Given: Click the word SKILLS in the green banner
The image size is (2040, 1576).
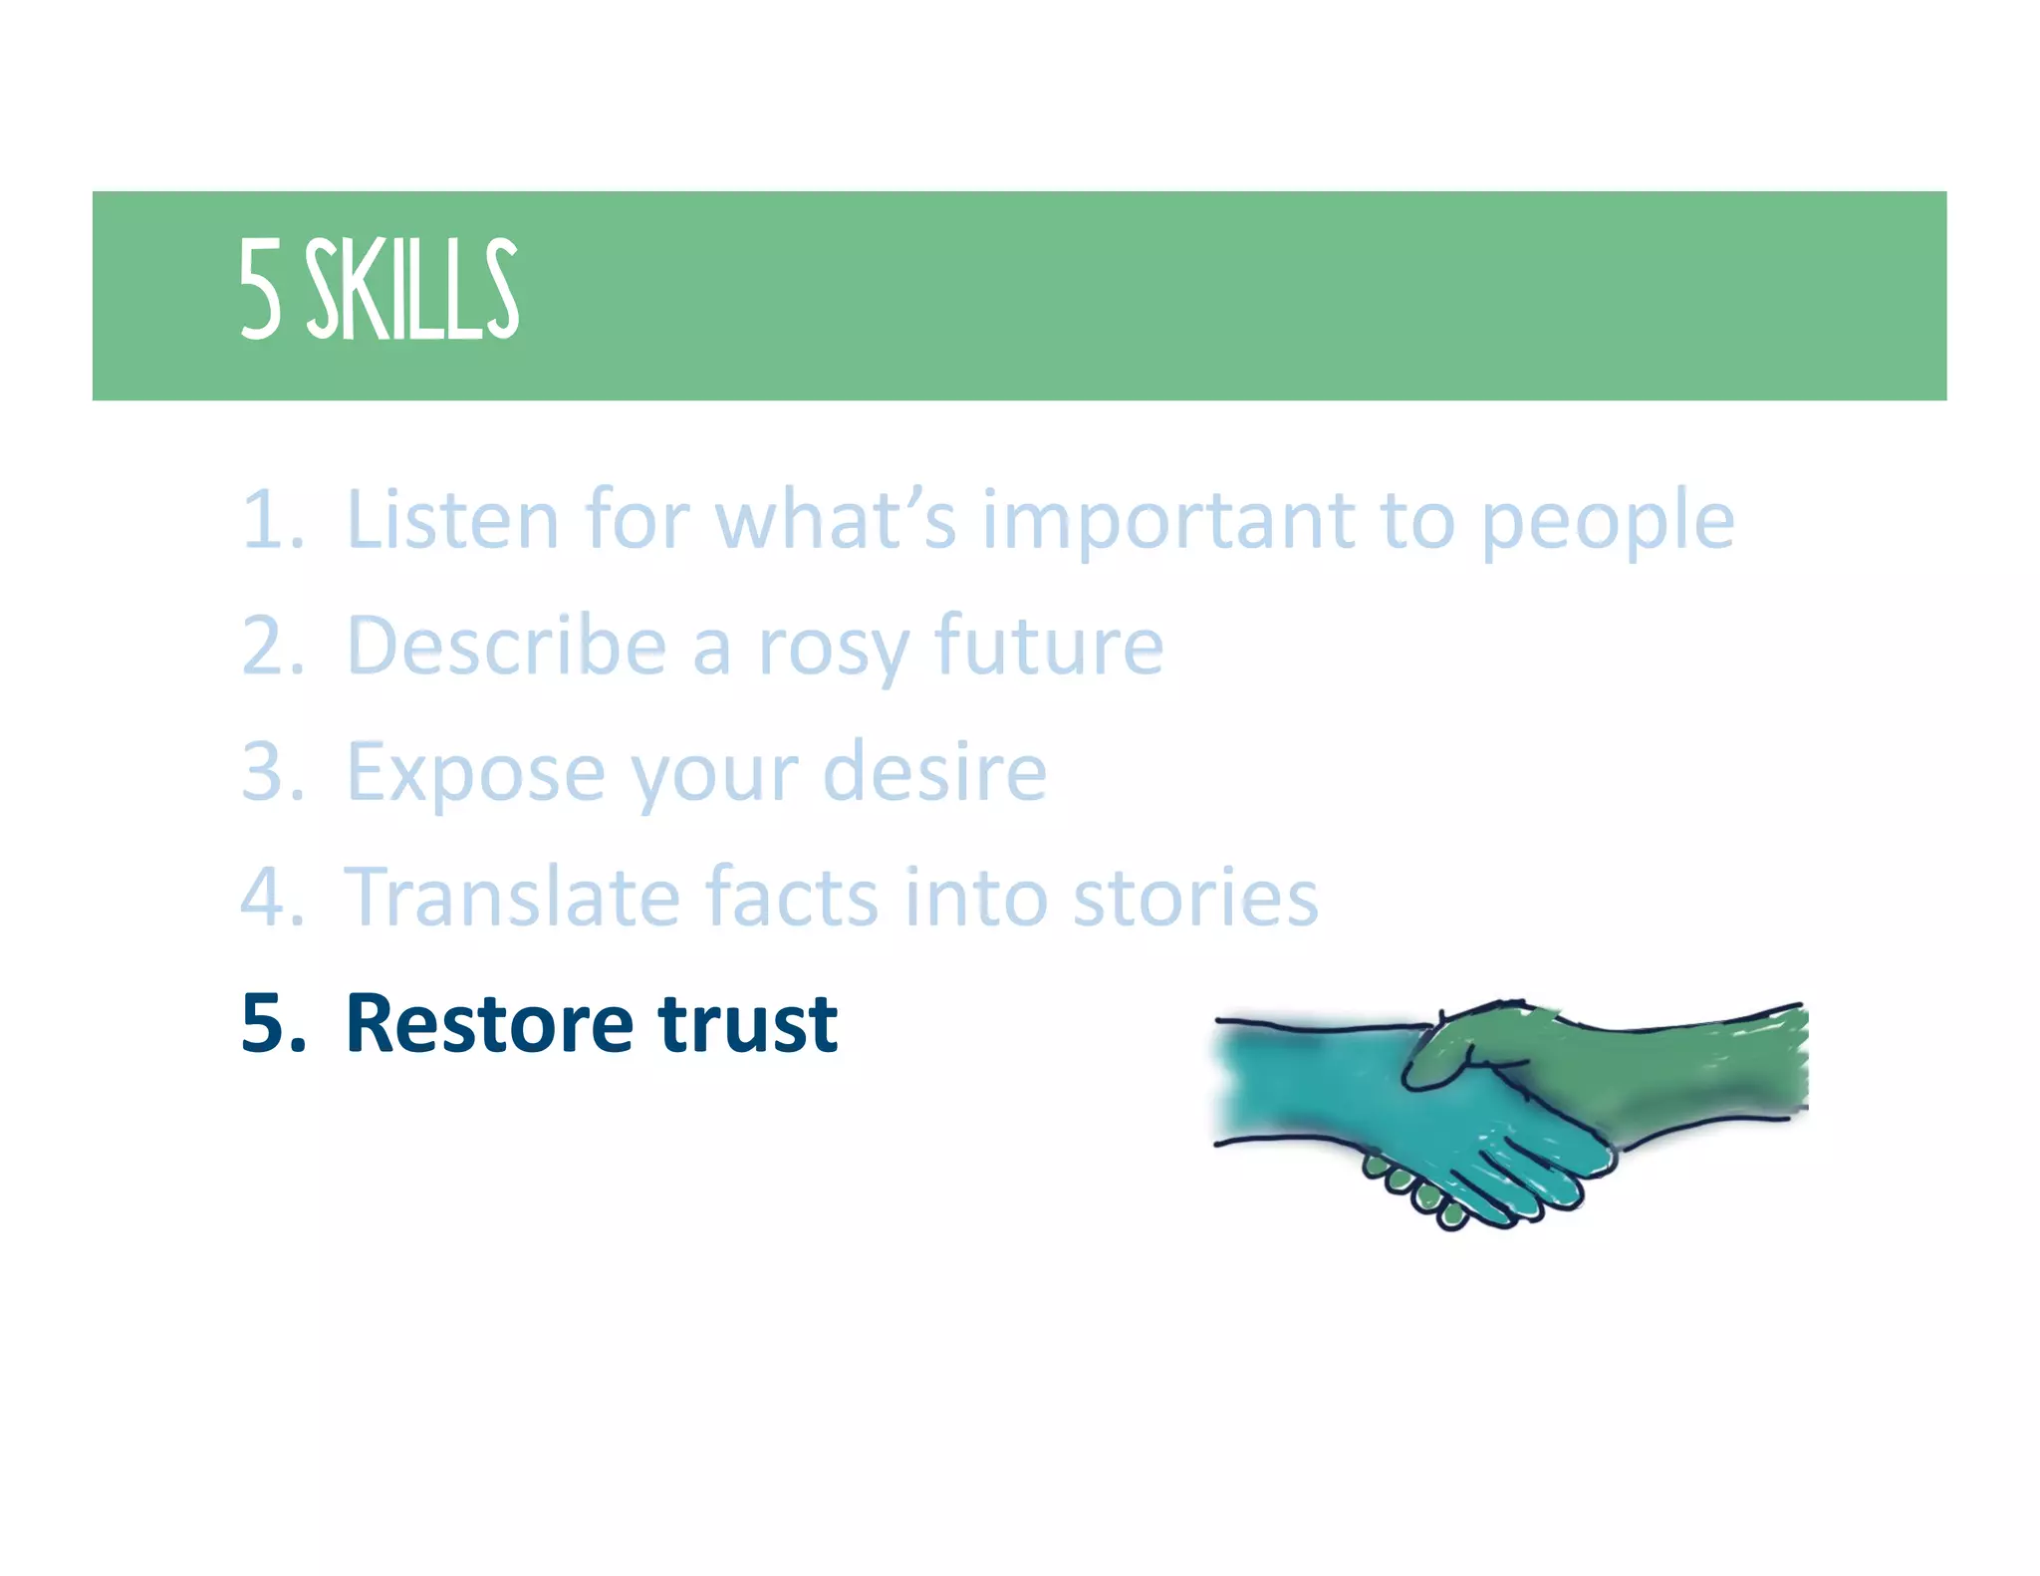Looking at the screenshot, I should [411, 290].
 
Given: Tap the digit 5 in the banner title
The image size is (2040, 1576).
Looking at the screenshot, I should [260, 290].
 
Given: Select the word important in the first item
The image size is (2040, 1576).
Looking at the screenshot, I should [1167, 521].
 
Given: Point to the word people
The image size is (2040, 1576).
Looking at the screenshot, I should [1607, 521].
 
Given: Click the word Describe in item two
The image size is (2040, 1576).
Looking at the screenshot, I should [506, 646].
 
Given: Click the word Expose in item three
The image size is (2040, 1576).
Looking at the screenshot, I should [474, 773].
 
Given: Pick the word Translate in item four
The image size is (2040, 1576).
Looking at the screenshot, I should [512, 897].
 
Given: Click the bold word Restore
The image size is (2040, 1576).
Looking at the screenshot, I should [488, 1023].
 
